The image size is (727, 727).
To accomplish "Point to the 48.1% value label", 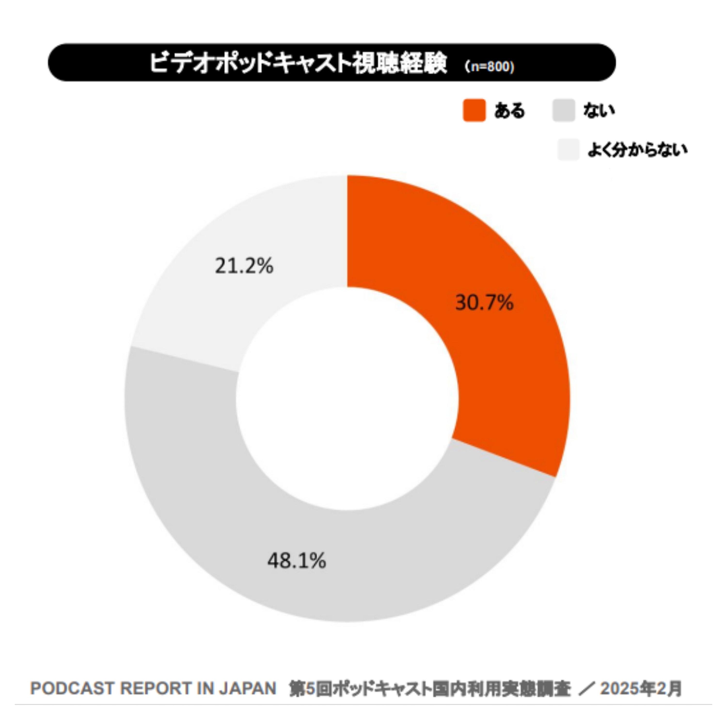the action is click(297, 561).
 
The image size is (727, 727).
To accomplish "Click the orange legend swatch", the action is click(474, 110).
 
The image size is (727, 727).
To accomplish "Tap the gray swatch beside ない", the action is click(564, 110).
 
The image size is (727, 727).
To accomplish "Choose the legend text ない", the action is click(599, 110).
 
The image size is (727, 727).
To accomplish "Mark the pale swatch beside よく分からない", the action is click(569, 150).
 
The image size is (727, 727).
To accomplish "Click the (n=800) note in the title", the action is click(490, 67).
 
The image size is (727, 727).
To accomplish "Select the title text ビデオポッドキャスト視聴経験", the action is click(298, 63).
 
